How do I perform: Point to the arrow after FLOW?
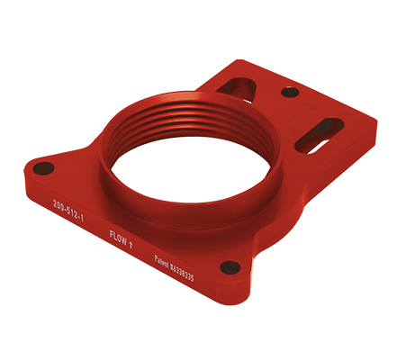(x=132, y=239)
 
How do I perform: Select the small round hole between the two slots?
(x=289, y=92)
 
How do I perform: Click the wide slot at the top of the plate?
(x=240, y=86)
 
